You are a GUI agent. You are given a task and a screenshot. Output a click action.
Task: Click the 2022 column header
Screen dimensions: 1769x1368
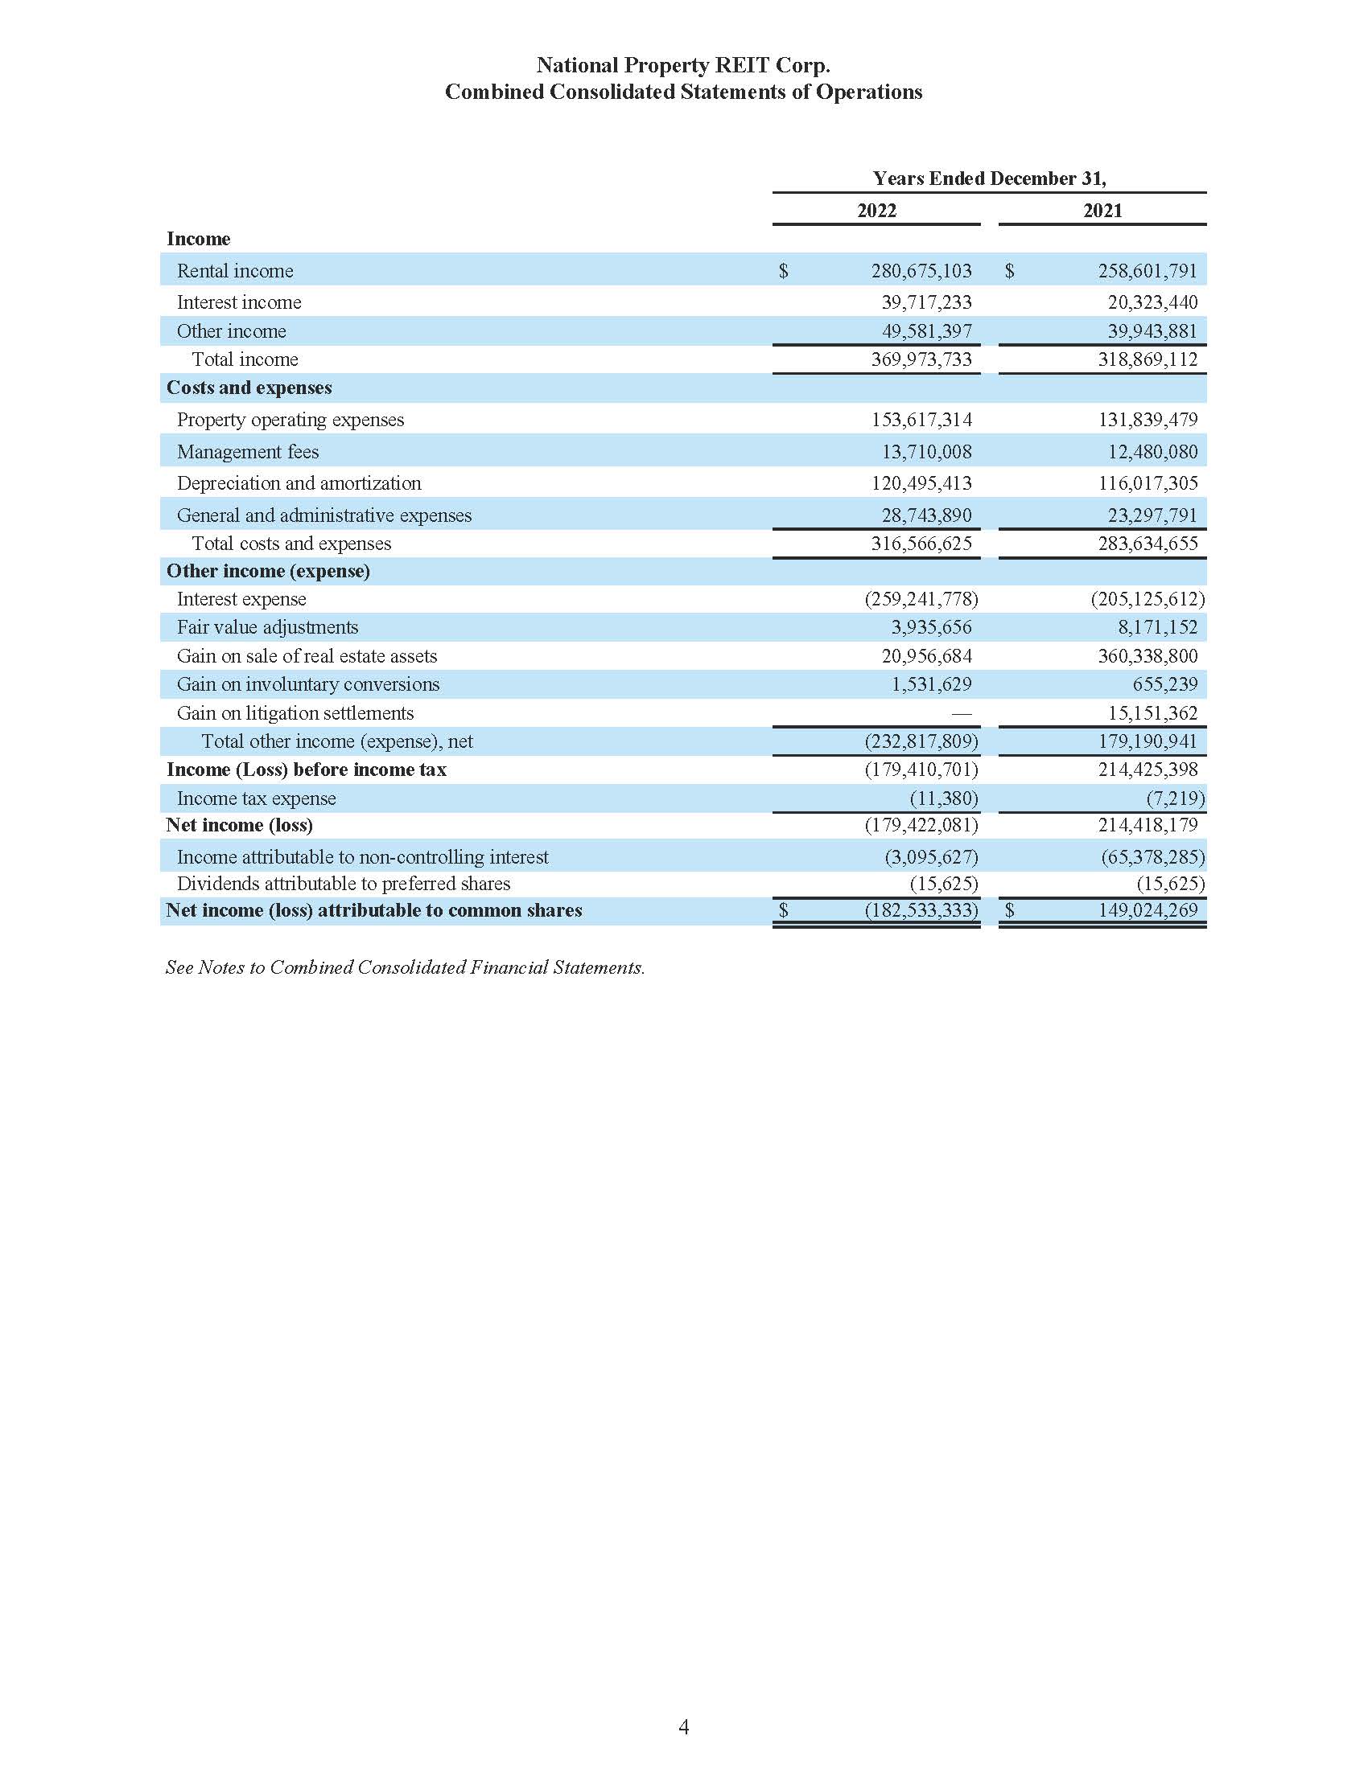876,211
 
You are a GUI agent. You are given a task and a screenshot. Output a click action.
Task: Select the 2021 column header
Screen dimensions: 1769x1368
1102,211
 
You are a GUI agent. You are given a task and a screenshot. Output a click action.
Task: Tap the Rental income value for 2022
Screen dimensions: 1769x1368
921,270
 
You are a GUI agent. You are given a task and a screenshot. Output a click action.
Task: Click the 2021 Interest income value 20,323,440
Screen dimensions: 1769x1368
1152,302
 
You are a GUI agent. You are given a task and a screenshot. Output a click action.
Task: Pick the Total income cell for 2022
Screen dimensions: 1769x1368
921,359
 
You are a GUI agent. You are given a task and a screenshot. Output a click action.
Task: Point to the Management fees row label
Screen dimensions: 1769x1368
247,452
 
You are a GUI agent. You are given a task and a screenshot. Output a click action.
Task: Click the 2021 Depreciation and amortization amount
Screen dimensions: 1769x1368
1148,483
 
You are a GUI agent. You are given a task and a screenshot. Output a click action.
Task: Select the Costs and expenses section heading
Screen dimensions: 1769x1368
249,388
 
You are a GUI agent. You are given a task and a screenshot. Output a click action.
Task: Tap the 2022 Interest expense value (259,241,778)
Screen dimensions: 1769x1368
921,599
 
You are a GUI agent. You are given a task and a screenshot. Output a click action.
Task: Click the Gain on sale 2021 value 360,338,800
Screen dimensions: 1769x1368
1147,656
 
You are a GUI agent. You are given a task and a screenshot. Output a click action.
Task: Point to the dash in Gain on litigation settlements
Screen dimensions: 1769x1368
960,713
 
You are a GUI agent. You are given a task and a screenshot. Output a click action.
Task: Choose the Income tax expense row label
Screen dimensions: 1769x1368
256,798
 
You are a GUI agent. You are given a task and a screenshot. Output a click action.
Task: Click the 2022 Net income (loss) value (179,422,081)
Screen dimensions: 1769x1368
921,825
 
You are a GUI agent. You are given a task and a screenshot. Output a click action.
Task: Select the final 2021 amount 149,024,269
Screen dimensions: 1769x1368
1147,910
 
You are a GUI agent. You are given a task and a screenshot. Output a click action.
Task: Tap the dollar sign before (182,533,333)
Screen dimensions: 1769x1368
783,910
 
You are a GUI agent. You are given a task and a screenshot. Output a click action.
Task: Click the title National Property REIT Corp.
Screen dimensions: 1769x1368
682,65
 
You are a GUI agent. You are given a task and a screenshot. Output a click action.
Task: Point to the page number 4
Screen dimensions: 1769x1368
683,1728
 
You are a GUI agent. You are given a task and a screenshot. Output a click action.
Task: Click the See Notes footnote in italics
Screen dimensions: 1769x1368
405,967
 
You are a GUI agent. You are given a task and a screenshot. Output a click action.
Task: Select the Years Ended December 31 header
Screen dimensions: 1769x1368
989,179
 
